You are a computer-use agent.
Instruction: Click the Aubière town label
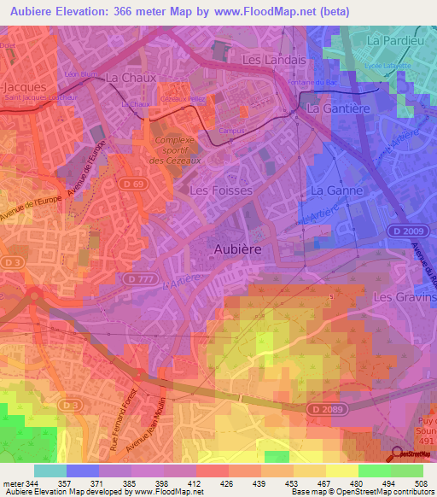236,247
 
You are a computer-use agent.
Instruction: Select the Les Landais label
273,61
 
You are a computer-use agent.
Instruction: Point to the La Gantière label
336,110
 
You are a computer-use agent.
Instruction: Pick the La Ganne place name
337,190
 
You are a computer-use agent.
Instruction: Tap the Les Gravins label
405,297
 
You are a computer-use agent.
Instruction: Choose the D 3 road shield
11,262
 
